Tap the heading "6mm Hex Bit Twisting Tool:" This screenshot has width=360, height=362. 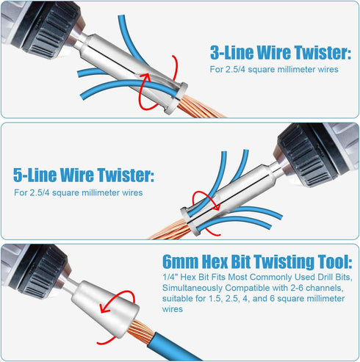click(x=259, y=263)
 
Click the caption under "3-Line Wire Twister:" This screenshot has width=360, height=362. click(x=271, y=70)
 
